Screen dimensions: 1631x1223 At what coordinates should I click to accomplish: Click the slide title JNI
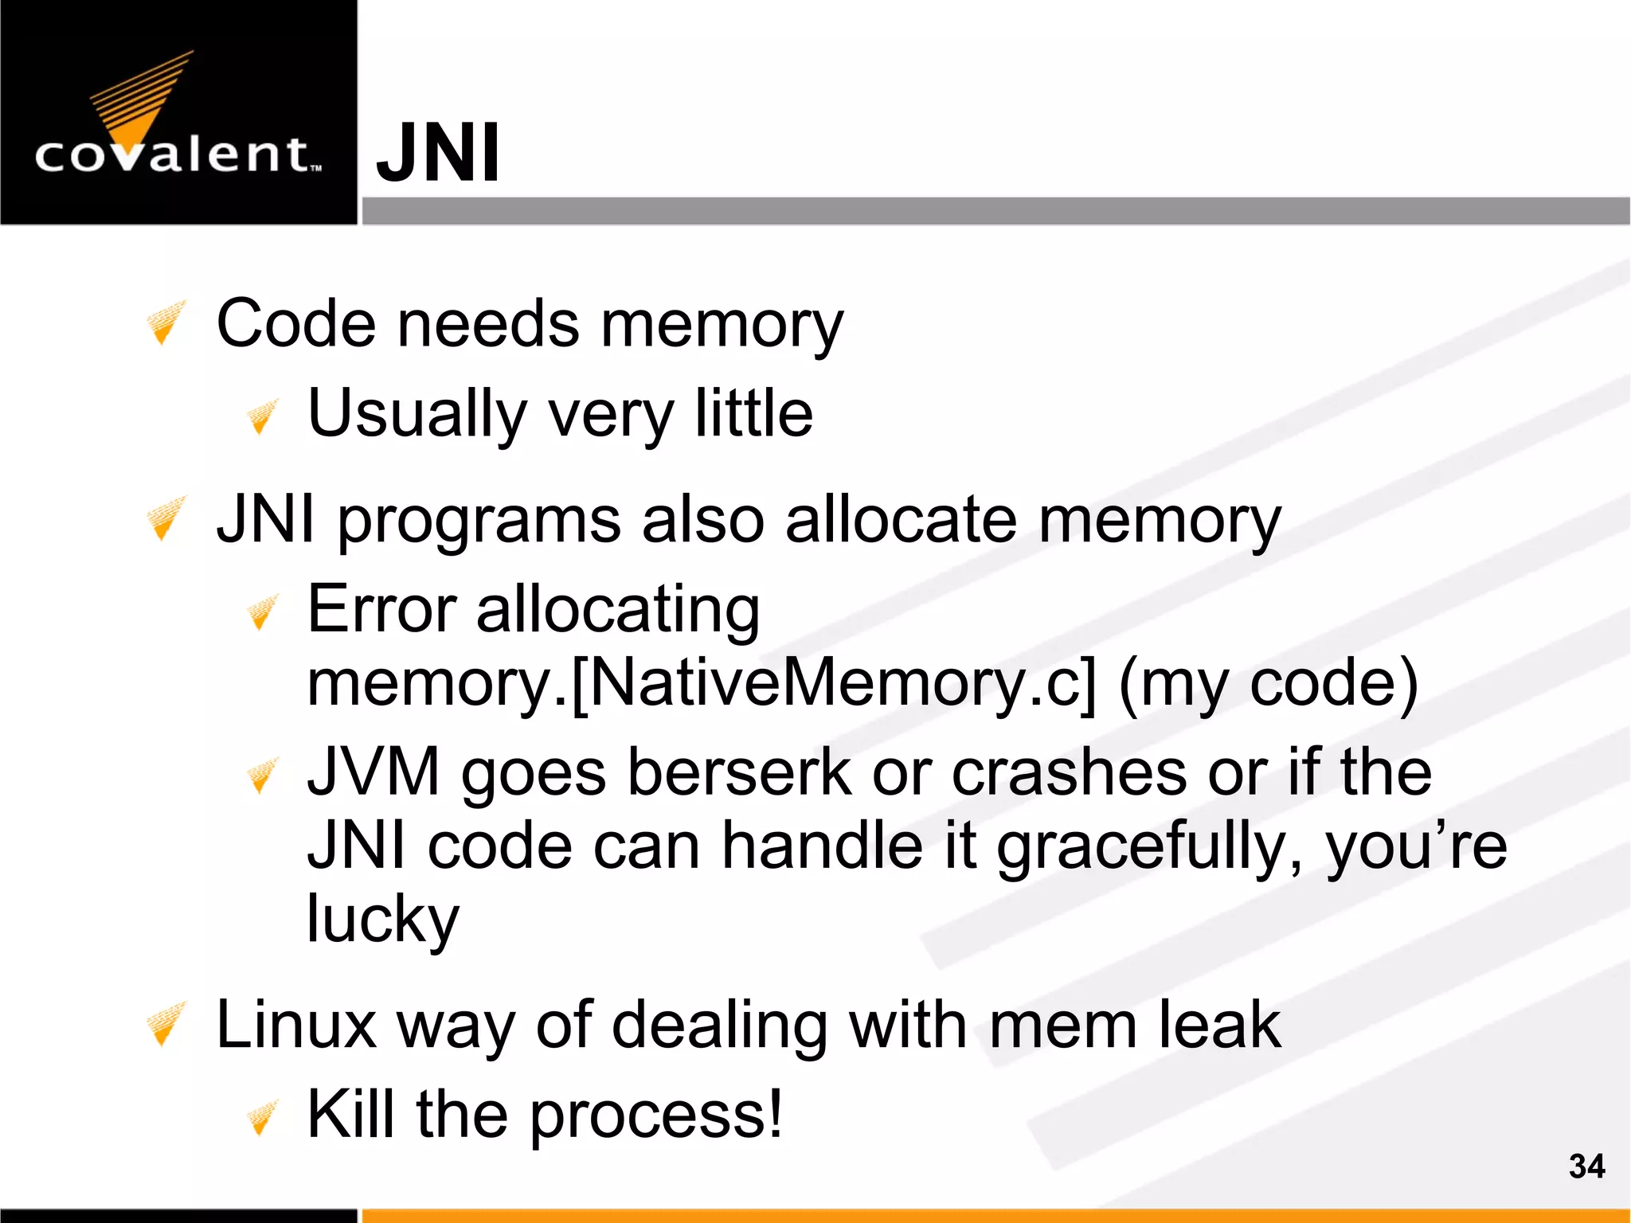pyautogui.click(x=438, y=152)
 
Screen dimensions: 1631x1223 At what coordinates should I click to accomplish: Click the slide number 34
pyautogui.click(x=1586, y=1166)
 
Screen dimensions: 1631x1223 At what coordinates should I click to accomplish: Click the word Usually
pyautogui.click(x=417, y=414)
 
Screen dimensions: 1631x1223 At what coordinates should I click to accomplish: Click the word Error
pyautogui.click(x=381, y=609)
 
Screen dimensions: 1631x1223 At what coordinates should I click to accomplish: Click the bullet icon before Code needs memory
pyautogui.click(x=166, y=322)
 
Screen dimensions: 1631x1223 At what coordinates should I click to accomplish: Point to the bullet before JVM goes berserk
pyautogui.click(x=261, y=776)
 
